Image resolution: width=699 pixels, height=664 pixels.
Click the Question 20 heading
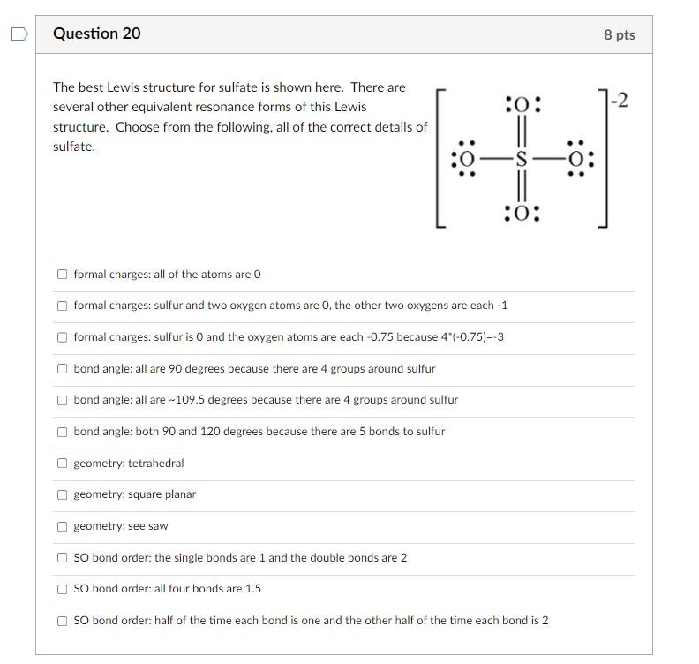click(96, 34)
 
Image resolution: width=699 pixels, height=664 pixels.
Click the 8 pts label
click(619, 34)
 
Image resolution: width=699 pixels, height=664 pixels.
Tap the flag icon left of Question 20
click(19, 34)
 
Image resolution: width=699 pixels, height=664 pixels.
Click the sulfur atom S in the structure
click(521, 160)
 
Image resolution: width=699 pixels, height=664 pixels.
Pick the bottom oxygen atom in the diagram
click(521, 214)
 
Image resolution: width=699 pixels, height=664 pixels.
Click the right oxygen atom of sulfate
click(578, 160)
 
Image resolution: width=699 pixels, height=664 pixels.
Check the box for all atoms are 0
click(62, 274)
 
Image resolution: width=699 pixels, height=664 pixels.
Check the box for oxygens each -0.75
click(62, 337)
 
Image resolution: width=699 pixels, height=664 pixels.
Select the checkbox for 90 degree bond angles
click(62, 368)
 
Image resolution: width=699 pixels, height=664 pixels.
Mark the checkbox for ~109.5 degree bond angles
click(62, 400)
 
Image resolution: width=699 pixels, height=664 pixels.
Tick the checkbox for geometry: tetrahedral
click(62, 463)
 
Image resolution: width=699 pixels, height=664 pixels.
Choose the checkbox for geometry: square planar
click(62, 494)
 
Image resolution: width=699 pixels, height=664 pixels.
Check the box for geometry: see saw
click(62, 526)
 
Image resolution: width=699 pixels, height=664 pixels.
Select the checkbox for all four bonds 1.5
click(62, 589)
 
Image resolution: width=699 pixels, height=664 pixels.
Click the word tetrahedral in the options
click(156, 463)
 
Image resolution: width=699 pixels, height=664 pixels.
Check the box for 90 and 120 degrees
click(62, 432)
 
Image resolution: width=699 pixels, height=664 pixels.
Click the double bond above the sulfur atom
click(521, 133)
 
